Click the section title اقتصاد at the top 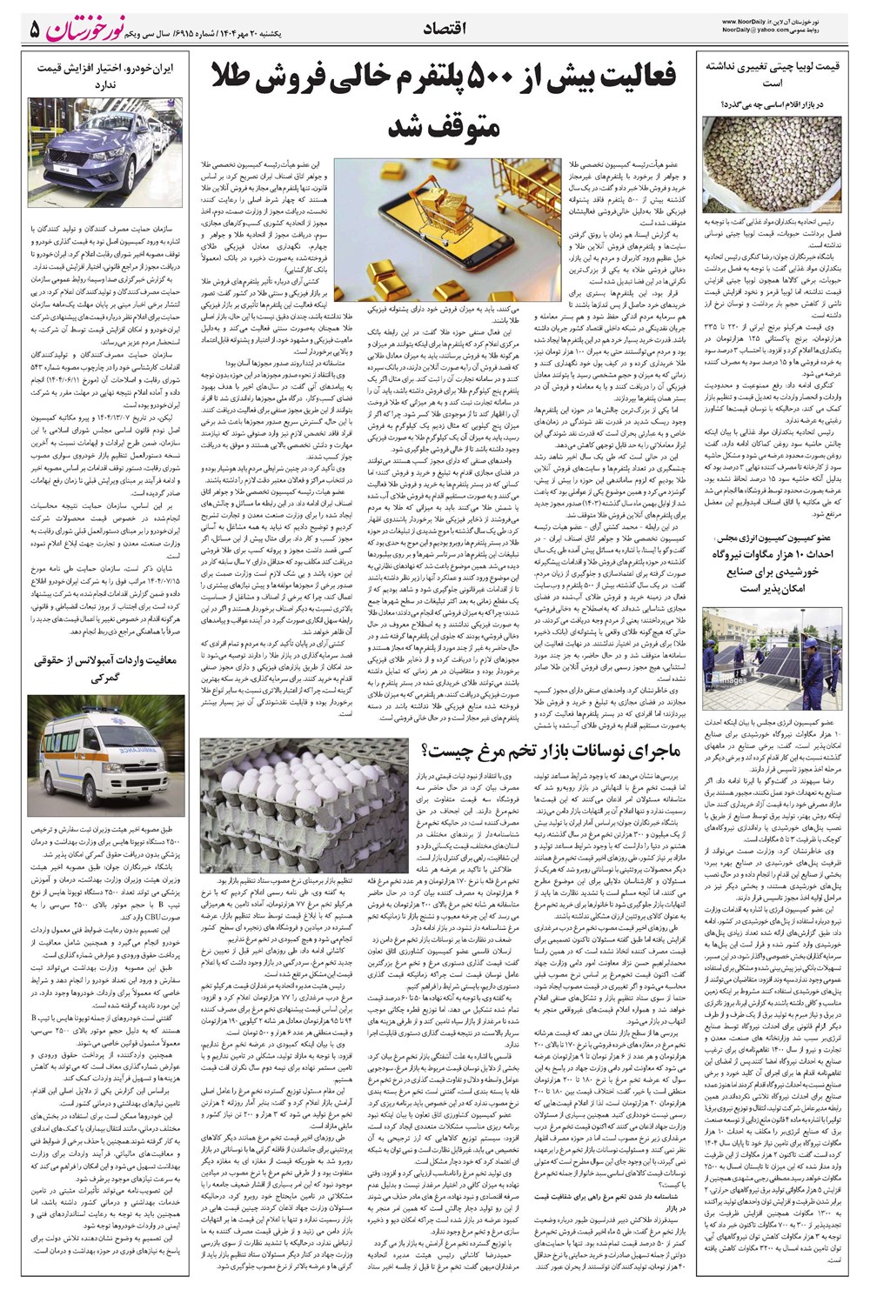pyautogui.click(x=445, y=30)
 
